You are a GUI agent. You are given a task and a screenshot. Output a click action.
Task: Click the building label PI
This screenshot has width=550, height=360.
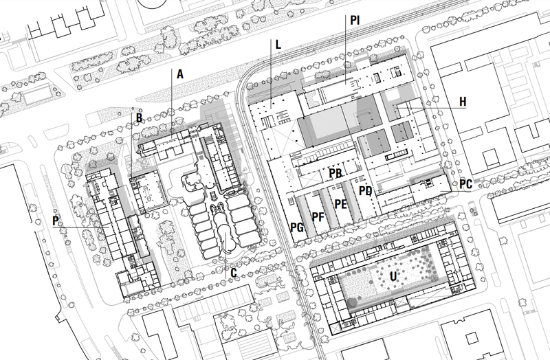355,21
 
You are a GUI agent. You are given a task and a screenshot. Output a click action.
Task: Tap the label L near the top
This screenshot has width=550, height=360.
278,45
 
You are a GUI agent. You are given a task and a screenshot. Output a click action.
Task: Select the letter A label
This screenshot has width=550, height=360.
180,74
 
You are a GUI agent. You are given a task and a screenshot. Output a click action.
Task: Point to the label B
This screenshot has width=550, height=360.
140,117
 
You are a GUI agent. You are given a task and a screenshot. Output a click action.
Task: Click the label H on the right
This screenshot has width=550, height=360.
463,102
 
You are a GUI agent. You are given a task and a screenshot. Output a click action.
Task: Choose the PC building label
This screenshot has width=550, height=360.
465,184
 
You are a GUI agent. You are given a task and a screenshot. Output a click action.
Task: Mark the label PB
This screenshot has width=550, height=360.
335,173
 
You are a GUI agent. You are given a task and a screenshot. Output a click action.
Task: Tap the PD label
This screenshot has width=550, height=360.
366,191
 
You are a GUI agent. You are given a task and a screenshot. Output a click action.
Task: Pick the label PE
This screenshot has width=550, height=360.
340,204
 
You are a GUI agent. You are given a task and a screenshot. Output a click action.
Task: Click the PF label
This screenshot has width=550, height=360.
318,217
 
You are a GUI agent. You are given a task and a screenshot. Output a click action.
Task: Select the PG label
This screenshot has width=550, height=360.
297,227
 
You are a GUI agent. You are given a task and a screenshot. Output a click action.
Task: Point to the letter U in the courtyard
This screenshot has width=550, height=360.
393,276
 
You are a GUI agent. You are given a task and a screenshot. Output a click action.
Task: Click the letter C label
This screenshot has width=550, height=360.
234,273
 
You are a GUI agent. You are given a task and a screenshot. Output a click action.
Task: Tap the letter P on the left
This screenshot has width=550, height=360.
56,221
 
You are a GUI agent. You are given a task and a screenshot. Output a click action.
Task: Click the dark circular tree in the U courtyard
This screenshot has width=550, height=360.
352,302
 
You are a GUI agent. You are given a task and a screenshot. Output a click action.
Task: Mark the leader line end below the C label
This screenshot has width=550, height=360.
225,279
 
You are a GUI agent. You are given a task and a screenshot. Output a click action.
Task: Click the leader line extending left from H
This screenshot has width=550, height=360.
431,108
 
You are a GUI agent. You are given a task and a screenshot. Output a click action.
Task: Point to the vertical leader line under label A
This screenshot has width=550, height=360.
171,102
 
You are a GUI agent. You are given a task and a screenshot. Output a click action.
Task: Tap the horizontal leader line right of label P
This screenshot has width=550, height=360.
80,228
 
